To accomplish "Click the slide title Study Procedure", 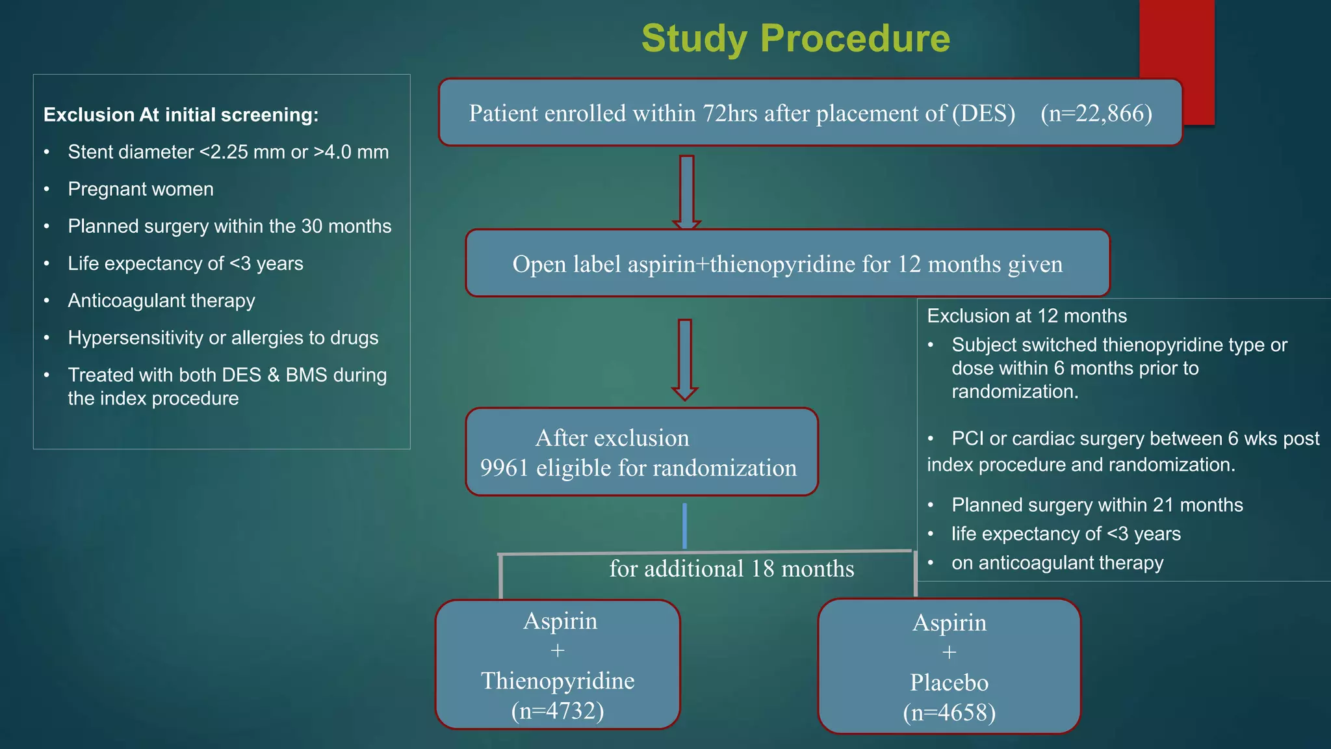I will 795,38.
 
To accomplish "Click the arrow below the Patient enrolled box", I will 686,192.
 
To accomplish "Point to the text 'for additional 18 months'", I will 731,569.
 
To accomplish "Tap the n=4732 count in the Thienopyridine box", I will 558,711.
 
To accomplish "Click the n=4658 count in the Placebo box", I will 949,713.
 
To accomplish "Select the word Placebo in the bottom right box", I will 949,683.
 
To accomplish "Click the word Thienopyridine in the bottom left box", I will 558,681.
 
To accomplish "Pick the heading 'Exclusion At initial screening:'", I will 181,115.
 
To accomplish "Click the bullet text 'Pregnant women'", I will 140,189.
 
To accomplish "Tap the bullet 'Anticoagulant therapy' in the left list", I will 161,300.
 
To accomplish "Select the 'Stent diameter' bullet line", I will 227,152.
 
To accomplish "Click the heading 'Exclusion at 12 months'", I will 1026,316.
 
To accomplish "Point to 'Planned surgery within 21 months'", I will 1096,505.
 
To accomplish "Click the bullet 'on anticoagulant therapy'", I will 1057,563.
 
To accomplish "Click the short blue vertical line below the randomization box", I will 684,525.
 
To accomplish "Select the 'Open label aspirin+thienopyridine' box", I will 787,264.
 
